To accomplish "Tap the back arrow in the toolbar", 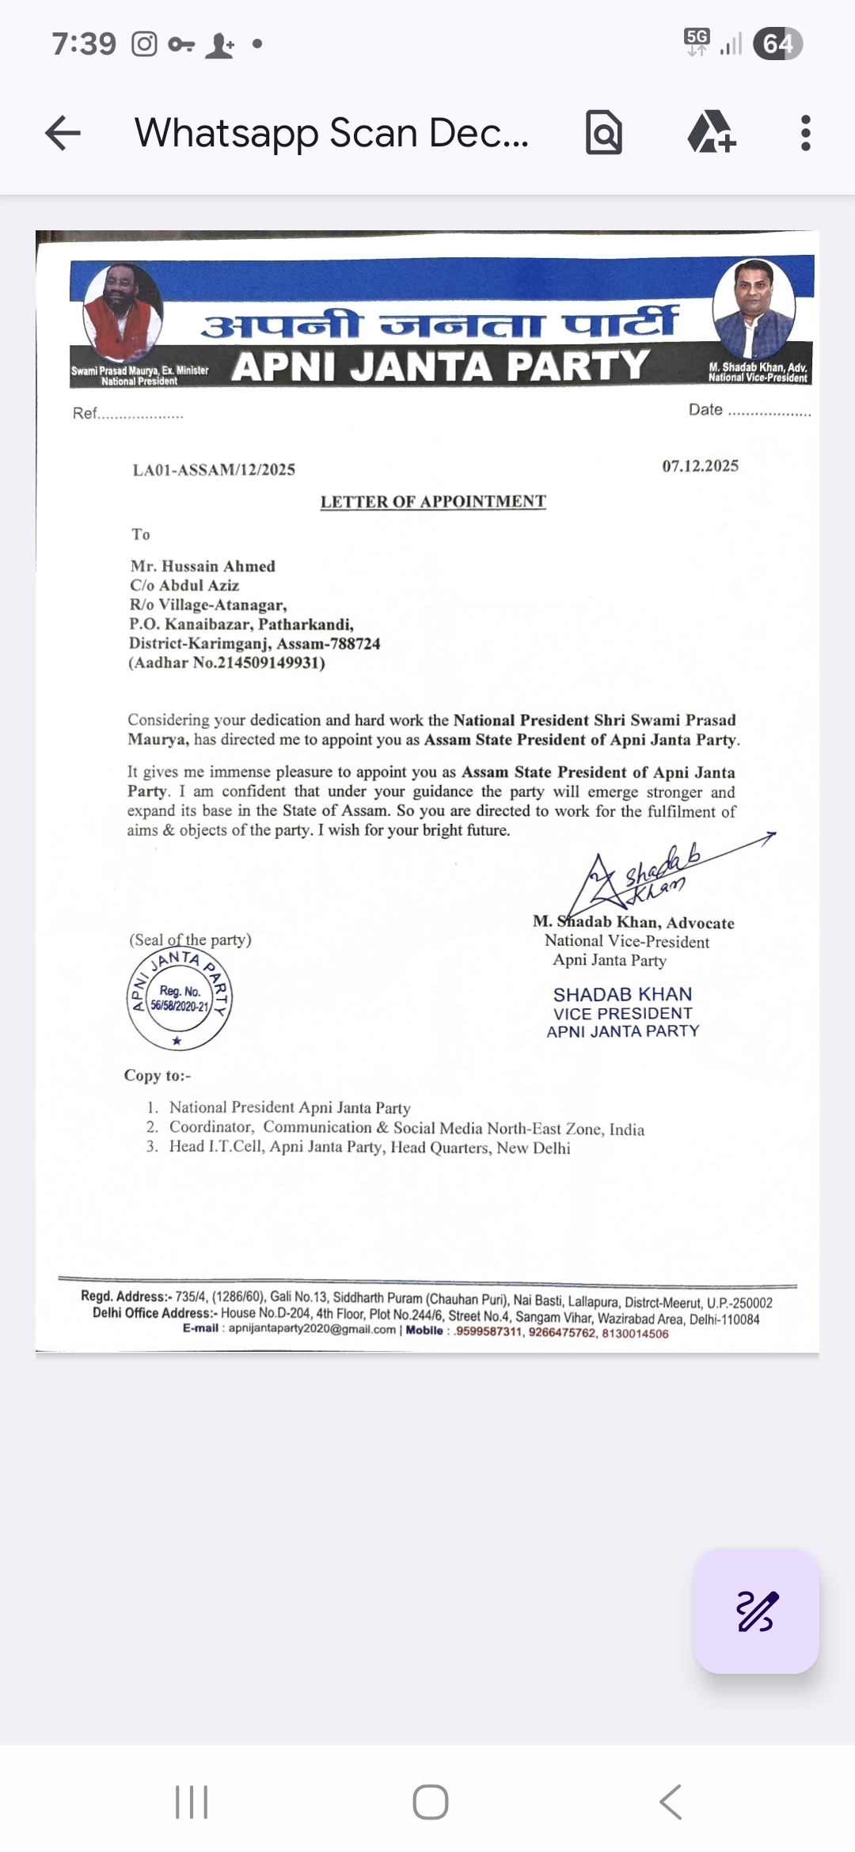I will tap(63, 133).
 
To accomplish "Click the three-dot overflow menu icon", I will tap(805, 133).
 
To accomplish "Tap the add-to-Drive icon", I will tap(711, 132).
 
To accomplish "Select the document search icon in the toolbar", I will tap(604, 133).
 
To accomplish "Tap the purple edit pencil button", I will tap(756, 1611).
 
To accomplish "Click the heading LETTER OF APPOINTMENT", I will tap(433, 502).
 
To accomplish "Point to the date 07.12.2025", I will tap(700, 466).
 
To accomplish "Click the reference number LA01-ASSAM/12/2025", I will tap(214, 470).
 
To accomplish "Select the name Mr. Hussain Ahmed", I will tap(203, 566).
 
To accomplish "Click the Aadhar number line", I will tap(226, 663).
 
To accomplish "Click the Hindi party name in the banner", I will tap(440, 323).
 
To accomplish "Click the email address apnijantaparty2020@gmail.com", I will tap(312, 1329).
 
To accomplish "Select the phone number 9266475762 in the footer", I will tap(561, 1333).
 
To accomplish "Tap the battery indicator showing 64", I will tap(777, 44).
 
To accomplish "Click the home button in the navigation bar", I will tap(430, 1802).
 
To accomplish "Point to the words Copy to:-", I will tap(157, 1076).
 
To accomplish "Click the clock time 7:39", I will tap(84, 44).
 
